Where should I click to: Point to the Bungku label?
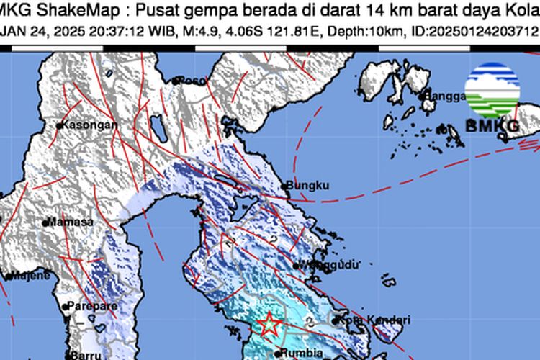click(x=307, y=186)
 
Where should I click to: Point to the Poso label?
click(x=192, y=80)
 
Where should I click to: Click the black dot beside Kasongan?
click(x=60, y=125)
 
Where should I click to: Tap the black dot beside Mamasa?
click(x=45, y=223)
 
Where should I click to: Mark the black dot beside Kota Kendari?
click(x=336, y=319)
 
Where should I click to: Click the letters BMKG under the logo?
click(x=492, y=126)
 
